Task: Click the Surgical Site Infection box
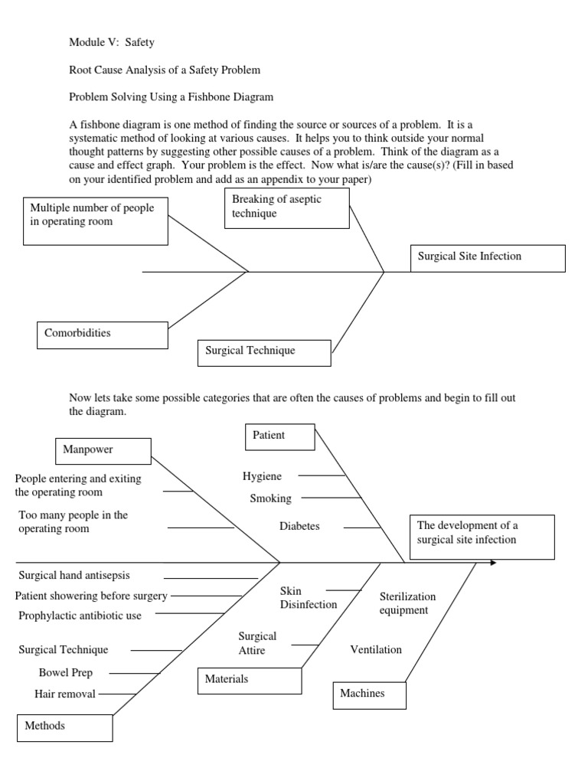[488, 258]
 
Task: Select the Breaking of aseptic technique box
[287, 207]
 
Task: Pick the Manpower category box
[103, 450]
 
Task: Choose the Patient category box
[279, 436]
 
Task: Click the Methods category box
[65, 727]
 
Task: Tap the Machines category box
[370, 694]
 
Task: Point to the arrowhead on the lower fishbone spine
[492, 563]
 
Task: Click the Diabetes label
[299, 527]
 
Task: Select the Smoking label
[270, 498]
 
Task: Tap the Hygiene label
[262, 476]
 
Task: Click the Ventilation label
[376, 650]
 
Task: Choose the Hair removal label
[65, 694]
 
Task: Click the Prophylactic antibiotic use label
[80, 616]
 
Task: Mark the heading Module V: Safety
[111, 43]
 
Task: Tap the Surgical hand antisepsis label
[74, 574]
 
